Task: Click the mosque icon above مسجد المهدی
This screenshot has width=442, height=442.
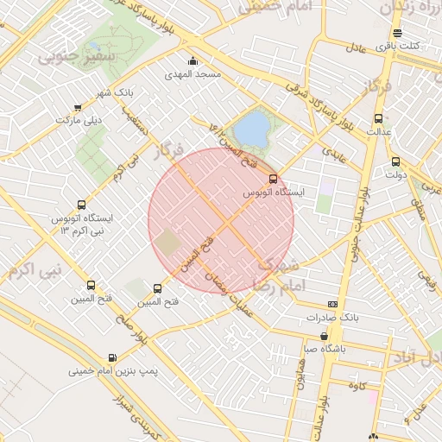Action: click(x=192, y=61)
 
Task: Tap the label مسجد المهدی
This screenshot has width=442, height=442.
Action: click(x=196, y=74)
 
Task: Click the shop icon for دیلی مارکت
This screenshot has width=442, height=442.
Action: click(x=79, y=108)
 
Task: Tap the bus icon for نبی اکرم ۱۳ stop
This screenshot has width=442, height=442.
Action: click(x=81, y=205)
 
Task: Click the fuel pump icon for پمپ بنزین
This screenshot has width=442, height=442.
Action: click(x=112, y=358)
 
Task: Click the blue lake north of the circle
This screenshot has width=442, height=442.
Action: click(x=251, y=129)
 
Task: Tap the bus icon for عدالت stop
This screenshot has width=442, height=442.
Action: click(x=377, y=119)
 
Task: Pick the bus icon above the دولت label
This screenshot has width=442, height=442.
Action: click(x=395, y=161)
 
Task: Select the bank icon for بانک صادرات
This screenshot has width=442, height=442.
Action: click(x=332, y=305)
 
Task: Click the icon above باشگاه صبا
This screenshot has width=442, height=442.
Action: click(x=324, y=337)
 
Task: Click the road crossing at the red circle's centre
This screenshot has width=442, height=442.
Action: click(x=221, y=221)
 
